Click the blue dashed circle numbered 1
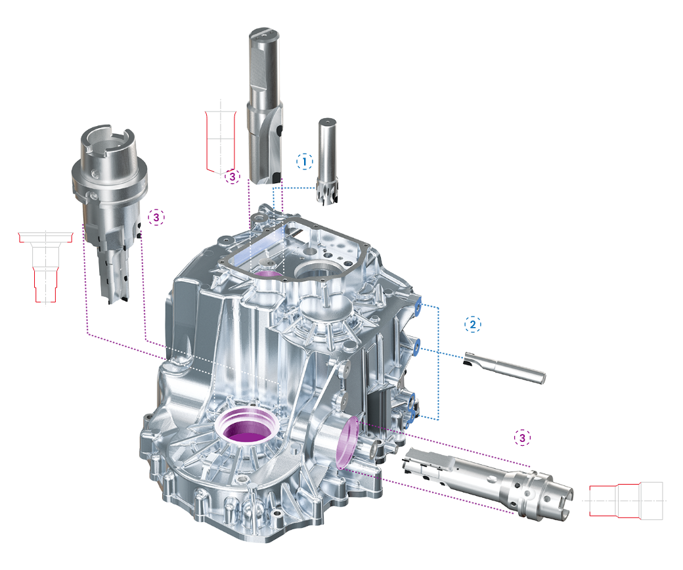304,161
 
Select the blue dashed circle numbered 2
473,324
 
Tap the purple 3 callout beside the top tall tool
232,176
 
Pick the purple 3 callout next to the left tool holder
156,217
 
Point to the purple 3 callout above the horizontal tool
522,437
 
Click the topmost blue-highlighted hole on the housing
417,303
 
